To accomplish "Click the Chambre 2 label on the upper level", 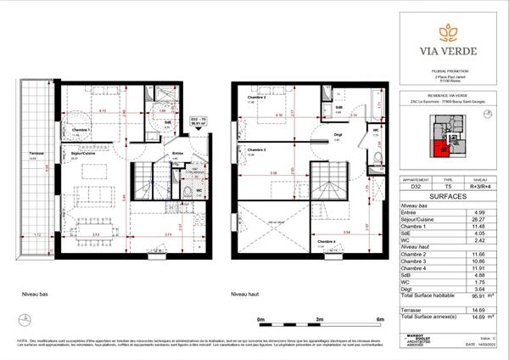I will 257,98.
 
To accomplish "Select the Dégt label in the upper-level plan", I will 337,134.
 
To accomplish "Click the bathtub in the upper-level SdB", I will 337,96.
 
